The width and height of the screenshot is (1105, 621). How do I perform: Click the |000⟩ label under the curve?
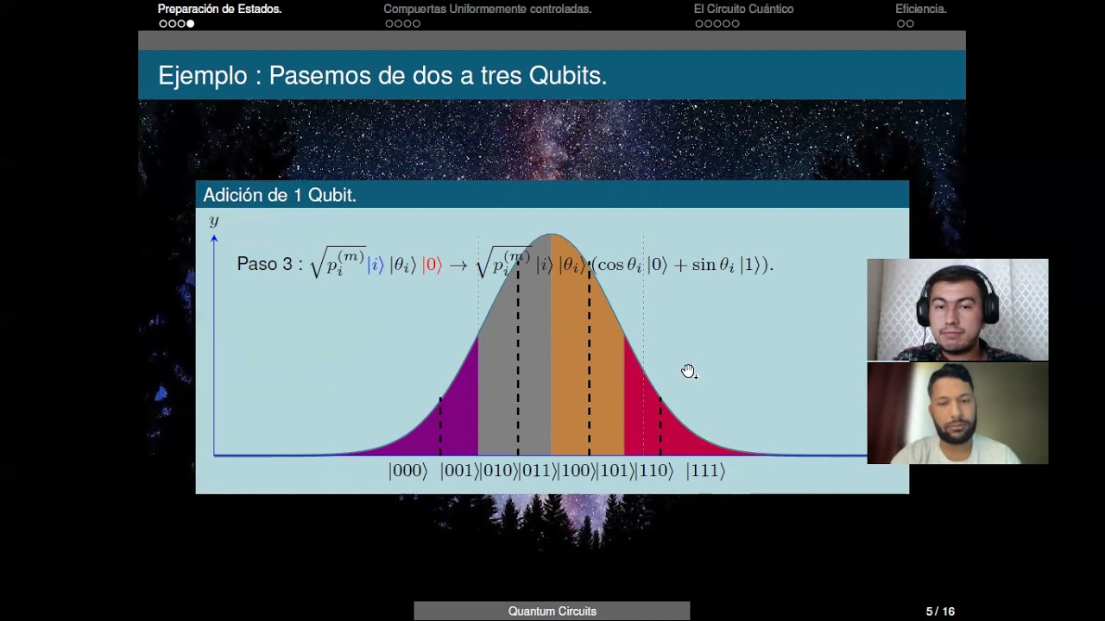pos(407,471)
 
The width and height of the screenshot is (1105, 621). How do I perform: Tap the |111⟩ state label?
pos(705,471)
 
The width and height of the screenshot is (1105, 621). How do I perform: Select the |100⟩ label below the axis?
pos(577,471)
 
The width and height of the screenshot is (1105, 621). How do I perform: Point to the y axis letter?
pos(214,221)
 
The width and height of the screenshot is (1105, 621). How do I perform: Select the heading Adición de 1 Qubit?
pos(280,196)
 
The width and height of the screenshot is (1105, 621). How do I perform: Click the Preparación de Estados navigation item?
pos(219,9)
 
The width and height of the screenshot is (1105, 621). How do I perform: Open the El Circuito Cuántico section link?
pos(743,9)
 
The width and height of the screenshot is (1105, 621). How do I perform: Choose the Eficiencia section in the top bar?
pos(920,9)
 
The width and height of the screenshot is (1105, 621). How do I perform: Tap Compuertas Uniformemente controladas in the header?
pos(487,9)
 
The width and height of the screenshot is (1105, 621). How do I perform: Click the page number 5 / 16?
pos(940,612)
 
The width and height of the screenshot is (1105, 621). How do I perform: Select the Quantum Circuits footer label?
pos(552,612)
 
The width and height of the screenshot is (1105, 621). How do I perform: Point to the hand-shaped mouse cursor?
pos(688,371)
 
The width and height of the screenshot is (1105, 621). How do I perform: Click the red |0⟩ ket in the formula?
pos(432,265)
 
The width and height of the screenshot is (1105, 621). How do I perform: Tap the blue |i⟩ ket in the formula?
pos(375,265)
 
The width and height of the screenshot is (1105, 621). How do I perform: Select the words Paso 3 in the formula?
pos(264,265)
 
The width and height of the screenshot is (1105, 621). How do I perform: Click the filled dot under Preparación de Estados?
pos(191,23)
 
